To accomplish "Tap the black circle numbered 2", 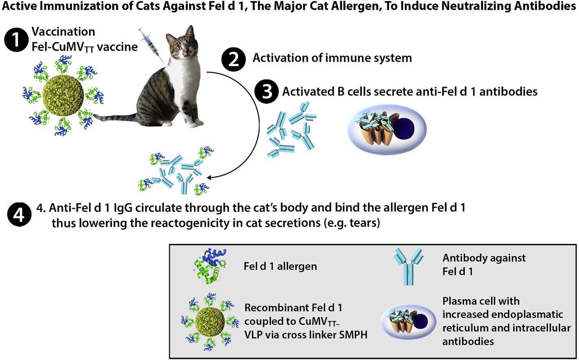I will [x=233, y=59].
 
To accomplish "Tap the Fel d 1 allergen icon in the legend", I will [x=210, y=266].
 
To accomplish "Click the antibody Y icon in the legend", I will [x=407, y=266].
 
